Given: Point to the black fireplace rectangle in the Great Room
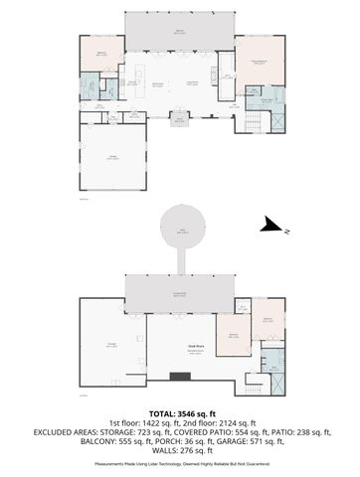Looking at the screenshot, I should pyautogui.click(x=180, y=375).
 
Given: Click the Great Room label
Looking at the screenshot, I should pyautogui.click(x=182, y=345).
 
